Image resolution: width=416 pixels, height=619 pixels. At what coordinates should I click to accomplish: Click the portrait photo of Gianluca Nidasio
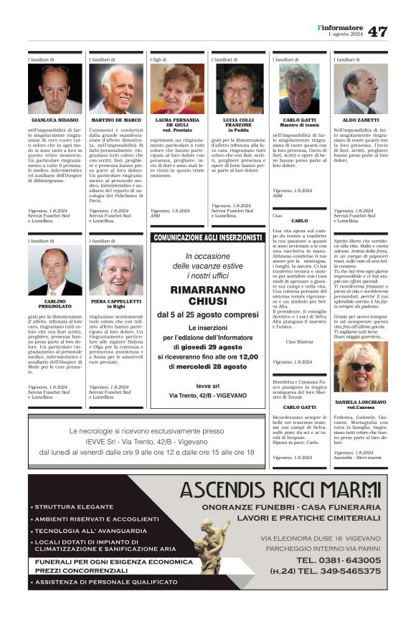pyautogui.click(x=55, y=89)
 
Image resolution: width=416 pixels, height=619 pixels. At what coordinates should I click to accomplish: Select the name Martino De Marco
pyautogui.click(x=116, y=120)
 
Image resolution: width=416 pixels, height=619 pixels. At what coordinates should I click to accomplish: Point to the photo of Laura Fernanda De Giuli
pyautogui.click(x=177, y=89)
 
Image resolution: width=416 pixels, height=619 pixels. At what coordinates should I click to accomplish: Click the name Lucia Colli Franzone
pyautogui.click(x=239, y=123)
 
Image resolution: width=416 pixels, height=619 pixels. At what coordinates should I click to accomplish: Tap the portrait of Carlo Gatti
pyautogui.click(x=300, y=89)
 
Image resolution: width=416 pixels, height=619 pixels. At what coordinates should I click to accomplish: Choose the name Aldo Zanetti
pyautogui.click(x=361, y=120)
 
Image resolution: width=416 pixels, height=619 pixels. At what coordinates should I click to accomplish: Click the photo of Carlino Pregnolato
pyautogui.click(x=55, y=271)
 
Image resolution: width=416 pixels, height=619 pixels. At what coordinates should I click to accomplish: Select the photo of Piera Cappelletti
pyautogui.click(x=116, y=271)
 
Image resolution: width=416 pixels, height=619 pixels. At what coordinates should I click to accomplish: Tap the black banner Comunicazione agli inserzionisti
pyautogui.click(x=208, y=237)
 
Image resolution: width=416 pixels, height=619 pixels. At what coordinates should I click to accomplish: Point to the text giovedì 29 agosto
pyautogui.click(x=215, y=346)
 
